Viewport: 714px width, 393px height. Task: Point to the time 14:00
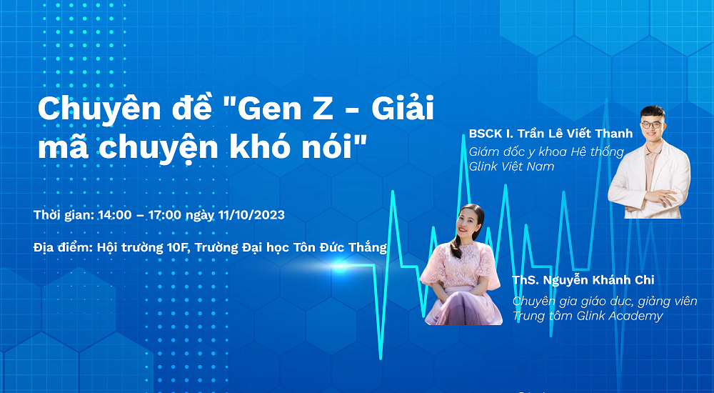pos(115,215)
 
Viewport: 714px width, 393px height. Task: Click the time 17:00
pos(165,215)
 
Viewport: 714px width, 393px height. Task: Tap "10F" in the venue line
pos(178,247)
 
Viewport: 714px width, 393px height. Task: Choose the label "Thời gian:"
pos(64,215)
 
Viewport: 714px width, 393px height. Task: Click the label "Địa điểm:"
pos(64,247)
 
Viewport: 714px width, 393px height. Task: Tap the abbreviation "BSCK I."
pos(488,134)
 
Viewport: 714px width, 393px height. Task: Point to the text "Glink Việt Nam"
pos(511,166)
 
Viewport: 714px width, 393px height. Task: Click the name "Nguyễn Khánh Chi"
pos(598,279)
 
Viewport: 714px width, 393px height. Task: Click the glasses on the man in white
pos(652,124)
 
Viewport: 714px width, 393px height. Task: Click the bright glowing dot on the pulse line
pos(340,267)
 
